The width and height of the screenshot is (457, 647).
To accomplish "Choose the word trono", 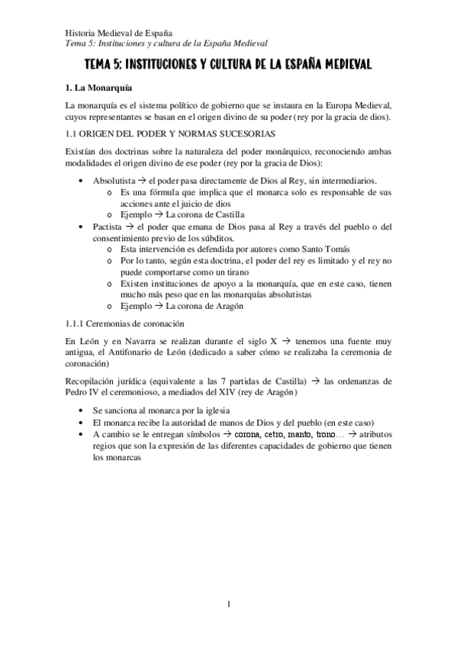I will pyautogui.click(x=329, y=434).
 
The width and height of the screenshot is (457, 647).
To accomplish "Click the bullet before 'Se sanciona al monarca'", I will pyautogui.click(x=82, y=411).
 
